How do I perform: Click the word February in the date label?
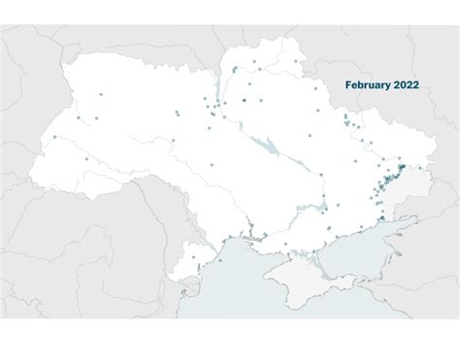366,85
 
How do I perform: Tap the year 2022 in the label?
406,85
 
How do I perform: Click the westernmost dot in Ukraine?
54,137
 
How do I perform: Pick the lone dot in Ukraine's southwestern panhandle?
193,257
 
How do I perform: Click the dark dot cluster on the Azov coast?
382,219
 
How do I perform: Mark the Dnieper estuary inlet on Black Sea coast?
245,236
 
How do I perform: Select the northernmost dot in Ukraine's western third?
100,94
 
